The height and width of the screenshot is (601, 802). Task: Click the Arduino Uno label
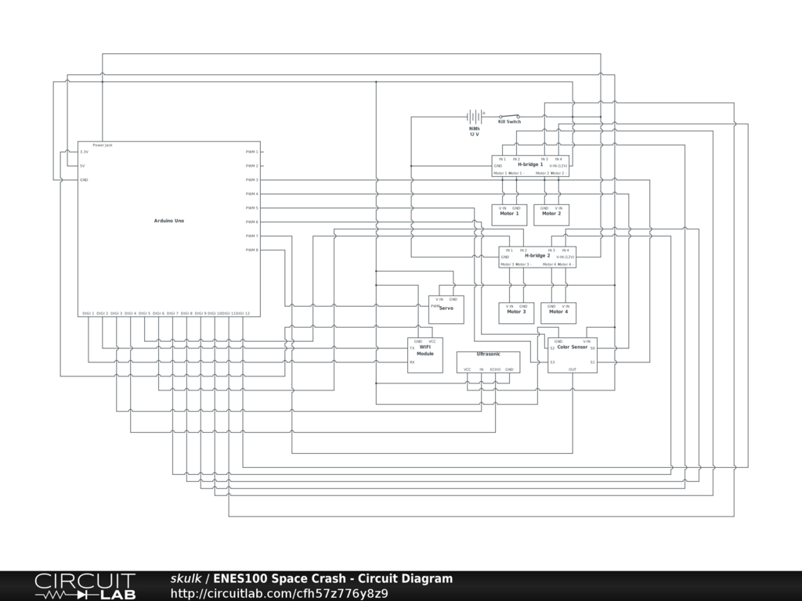pos(169,221)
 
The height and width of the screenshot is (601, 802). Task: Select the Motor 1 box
pos(509,214)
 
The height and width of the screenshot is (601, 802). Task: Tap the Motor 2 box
pos(551,214)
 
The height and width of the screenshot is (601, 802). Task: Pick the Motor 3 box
pos(516,312)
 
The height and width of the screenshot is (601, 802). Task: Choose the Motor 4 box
pos(558,312)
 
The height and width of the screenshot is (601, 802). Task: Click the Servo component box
pos(446,308)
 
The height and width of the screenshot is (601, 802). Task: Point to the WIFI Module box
pos(425,354)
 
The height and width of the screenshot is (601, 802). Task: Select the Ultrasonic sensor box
pos(488,362)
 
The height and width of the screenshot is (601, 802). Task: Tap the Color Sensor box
pos(573,354)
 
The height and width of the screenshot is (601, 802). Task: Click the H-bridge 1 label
pos(530,165)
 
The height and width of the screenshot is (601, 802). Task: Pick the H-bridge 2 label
pos(537,256)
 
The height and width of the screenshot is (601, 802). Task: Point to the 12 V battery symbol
pos(474,117)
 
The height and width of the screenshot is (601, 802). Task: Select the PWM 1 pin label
pos(251,152)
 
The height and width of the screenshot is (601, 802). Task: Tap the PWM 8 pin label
pos(251,250)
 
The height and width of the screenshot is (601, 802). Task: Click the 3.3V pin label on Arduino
pos(84,152)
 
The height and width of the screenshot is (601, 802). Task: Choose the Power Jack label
pos(103,146)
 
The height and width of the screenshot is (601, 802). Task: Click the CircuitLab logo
pos(85,586)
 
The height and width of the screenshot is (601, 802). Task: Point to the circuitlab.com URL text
pos(279,593)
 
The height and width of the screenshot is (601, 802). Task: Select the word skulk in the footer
pos(186,579)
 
